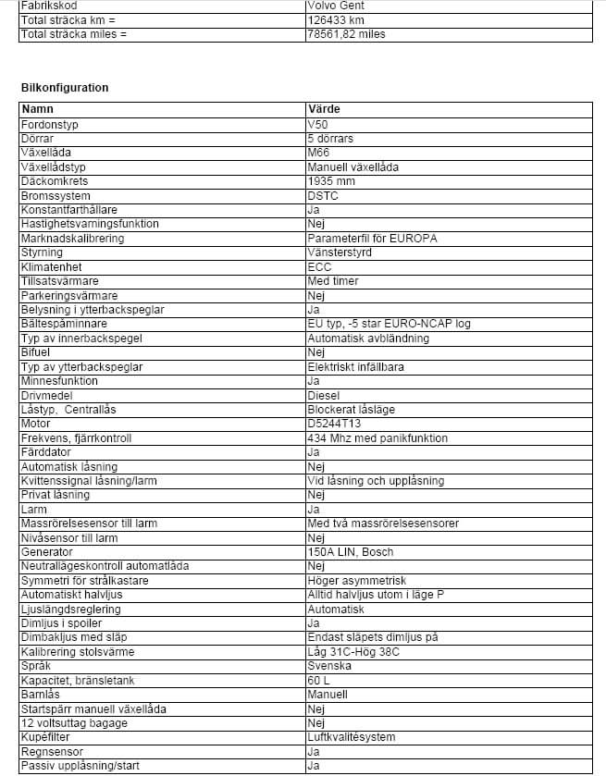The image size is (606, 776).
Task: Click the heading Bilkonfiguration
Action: click(65, 88)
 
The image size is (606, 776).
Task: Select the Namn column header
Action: click(38, 109)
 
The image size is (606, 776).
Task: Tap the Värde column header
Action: click(323, 109)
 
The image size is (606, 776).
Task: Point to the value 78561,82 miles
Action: click(346, 34)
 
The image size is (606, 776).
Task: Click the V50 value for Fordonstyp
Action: click(317, 123)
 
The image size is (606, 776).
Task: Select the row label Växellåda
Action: click(46, 153)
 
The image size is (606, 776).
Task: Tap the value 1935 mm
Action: click(331, 181)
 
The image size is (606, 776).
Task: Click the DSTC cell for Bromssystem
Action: click(323, 195)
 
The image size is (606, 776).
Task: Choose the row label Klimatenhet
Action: click(50, 266)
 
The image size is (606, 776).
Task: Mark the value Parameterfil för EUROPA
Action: click(373, 238)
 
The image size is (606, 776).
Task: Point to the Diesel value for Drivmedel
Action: click(323, 395)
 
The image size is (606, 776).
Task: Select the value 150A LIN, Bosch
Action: click(351, 552)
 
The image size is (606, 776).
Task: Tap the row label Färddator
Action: click(45, 452)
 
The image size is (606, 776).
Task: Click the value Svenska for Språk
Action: click(328, 666)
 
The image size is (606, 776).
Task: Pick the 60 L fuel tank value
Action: click(318, 680)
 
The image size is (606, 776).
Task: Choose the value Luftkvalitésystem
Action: click(352, 737)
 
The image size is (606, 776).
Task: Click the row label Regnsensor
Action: click(52, 752)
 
